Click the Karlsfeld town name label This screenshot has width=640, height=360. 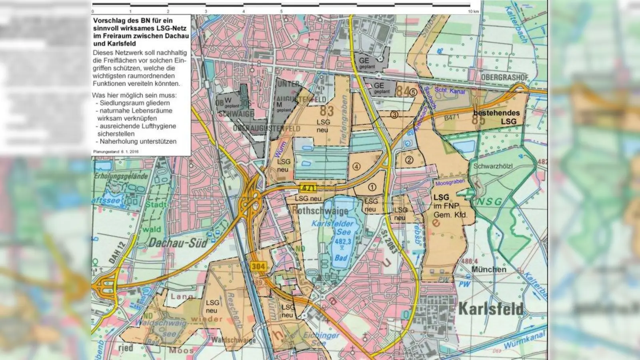(490, 309)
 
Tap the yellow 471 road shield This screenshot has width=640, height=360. (308, 188)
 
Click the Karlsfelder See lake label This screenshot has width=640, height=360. (332, 228)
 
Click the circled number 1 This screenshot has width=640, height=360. (372, 187)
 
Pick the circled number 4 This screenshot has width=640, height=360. (356, 166)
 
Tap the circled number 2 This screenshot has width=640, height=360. (409, 160)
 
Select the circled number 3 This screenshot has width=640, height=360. (394, 115)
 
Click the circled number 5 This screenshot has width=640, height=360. (413, 92)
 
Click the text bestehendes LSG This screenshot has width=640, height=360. (496, 117)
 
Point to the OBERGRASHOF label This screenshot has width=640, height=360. (504, 77)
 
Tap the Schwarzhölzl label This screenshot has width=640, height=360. (493, 166)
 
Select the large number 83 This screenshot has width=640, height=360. (326, 110)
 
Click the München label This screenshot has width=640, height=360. (488, 269)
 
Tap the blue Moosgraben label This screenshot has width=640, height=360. (450, 183)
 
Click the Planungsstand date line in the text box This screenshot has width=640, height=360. (116, 152)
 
